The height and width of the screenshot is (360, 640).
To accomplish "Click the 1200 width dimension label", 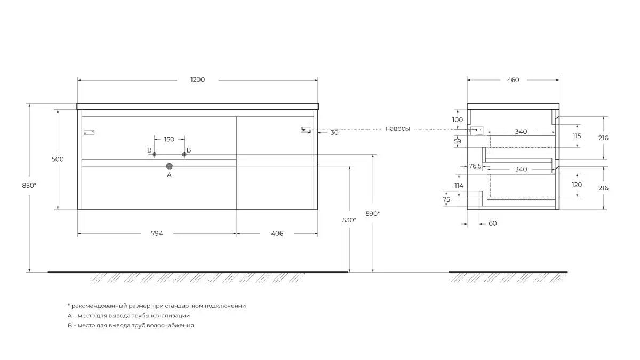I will click(197, 80).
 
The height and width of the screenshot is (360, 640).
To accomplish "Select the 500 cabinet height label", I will click(58, 159).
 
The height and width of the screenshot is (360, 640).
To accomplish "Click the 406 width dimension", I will click(277, 233).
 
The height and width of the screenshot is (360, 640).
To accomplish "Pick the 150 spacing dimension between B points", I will click(169, 140).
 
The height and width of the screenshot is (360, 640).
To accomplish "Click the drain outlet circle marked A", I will click(170, 166).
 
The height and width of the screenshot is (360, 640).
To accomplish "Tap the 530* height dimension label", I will click(349, 220).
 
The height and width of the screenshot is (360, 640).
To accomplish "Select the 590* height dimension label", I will click(373, 213).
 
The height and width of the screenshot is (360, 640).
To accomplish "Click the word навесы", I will click(397, 129).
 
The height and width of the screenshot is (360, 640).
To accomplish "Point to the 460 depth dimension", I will click(513, 80).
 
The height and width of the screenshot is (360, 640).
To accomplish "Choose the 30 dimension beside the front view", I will click(334, 133).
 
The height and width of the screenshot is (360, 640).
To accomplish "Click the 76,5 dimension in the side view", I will click(475, 166).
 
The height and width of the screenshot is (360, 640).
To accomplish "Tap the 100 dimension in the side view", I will click(458, 120).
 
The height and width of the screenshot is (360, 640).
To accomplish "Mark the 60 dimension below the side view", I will click(492, 223).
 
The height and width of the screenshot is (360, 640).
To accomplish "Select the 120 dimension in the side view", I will click(577, 185).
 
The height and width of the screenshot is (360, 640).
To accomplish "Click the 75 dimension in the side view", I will click(447, 199).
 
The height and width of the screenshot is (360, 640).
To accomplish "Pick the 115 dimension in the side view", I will click(577, 136).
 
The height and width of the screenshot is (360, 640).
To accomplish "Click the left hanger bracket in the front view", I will click(89, 132).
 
